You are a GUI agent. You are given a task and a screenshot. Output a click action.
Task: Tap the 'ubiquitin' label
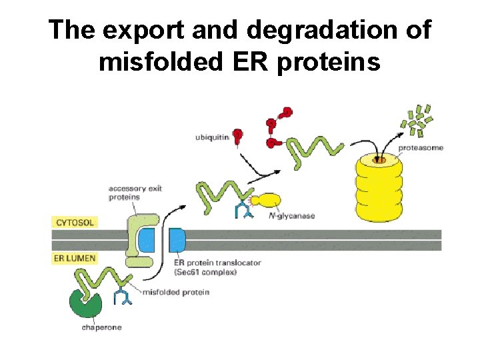click(211, 137)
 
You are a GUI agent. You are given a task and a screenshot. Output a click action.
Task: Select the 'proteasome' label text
click(420, 147)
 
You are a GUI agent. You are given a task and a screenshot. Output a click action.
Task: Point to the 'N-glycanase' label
click(291, 216)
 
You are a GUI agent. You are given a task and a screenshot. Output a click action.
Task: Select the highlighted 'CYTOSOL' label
click(75, 223)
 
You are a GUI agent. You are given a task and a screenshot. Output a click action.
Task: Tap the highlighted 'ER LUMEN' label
click(75, 258)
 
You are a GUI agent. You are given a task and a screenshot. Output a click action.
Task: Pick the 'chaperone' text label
click(101, 327)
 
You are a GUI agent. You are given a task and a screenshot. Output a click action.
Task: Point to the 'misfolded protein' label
click(176, 292)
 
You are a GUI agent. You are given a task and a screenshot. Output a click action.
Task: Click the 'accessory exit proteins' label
click(135, 193)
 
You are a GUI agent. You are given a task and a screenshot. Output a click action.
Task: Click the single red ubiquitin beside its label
click(237, 137)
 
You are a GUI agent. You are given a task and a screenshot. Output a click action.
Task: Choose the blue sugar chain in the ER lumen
click(123, 295)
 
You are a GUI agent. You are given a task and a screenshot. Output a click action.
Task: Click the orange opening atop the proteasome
click(378, 159)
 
